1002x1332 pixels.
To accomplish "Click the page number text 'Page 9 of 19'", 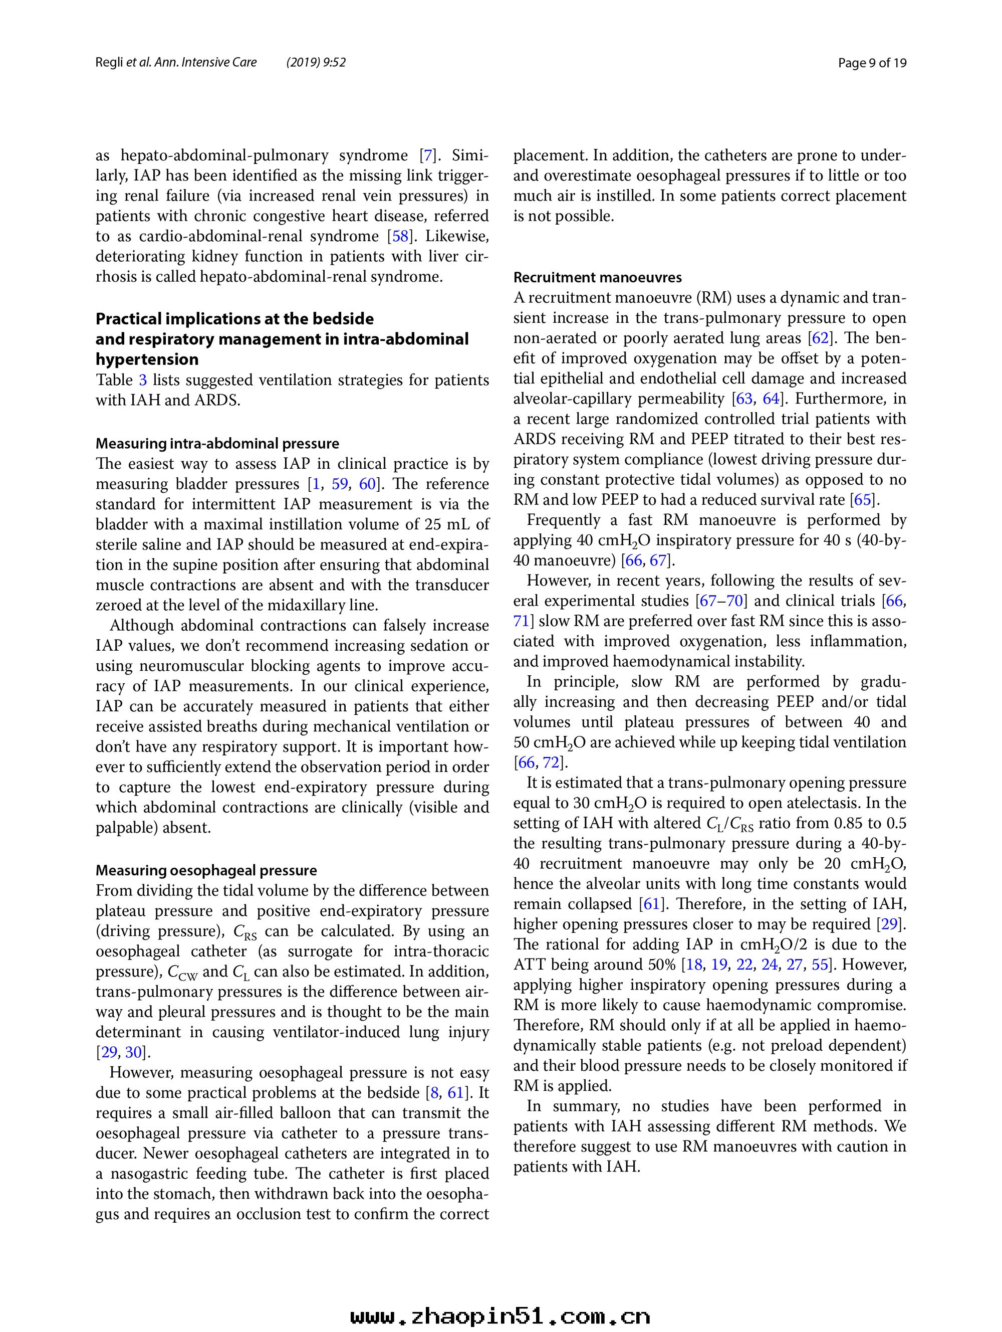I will click(x=872, y=63).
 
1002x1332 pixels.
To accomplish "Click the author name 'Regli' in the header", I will click(x=110, y=63).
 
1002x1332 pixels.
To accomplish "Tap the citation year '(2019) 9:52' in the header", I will click(x=316, y=63).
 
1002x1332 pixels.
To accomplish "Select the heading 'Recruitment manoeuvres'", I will click(x=598, y=278).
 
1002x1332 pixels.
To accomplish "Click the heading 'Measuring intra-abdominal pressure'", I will click(x=217, y=444).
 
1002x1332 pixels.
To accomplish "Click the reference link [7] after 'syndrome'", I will click(x=428, y=155).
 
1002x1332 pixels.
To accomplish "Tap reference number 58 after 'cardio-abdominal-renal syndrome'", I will click(x=401, y=237).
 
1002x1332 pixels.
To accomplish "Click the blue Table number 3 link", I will click(x=143, y=380).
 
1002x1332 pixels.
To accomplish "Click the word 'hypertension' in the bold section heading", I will click(x=147, y=359).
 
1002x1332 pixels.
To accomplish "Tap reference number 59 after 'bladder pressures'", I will click(x=340, y=484).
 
